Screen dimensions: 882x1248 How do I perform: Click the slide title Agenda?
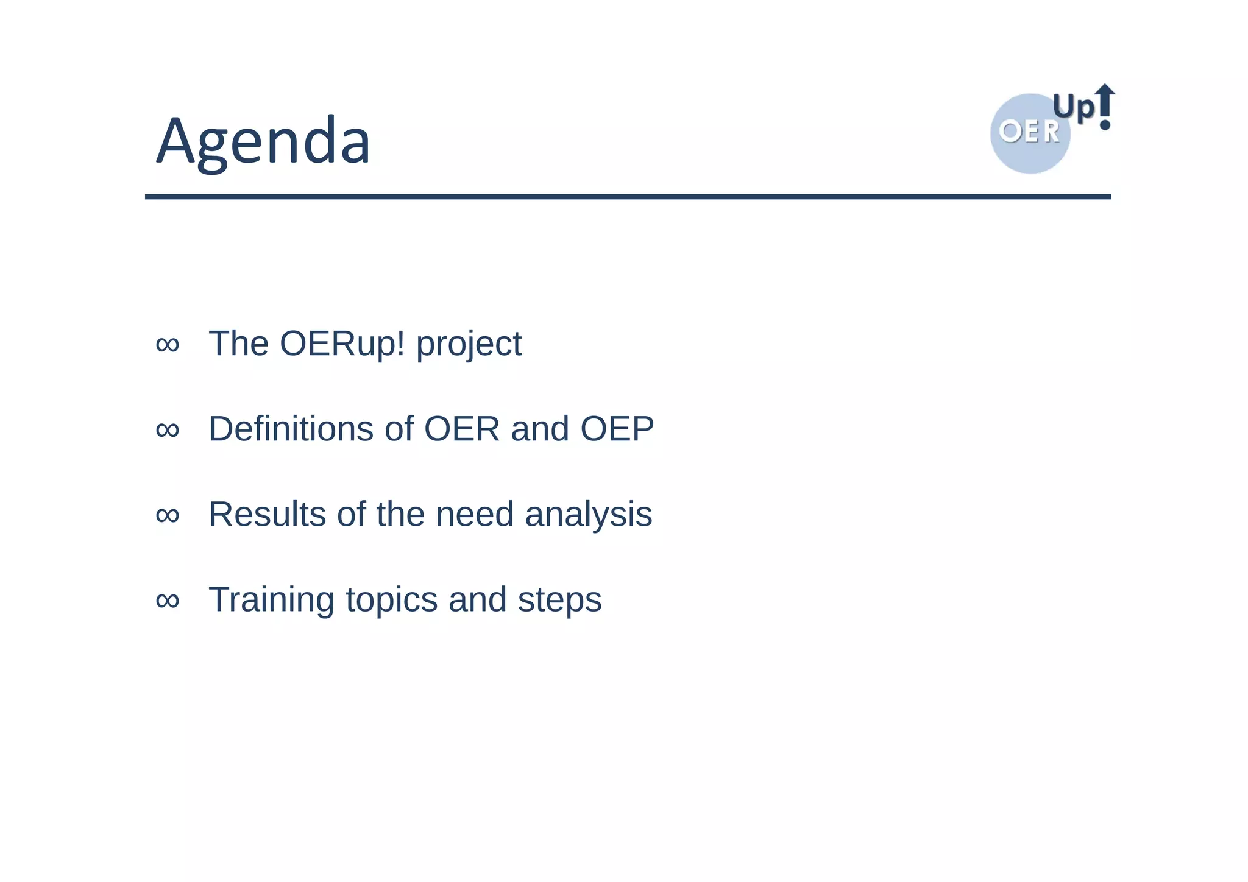[x=263, y=141]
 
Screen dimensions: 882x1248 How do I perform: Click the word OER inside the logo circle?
[x=1029, y=132]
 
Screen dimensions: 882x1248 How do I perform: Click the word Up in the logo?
[x=1074, y=108]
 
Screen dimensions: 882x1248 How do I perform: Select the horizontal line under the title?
[x=628, y=197]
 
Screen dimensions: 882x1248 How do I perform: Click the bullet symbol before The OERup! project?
[x=168, y=345]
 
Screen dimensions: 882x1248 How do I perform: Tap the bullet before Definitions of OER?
[x=168, y=430]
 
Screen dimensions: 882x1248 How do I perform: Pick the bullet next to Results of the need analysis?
[x=168, y=515]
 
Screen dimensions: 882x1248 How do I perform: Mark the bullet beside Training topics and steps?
[x=168, y=601]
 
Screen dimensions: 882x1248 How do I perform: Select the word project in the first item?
[x=469, y=345]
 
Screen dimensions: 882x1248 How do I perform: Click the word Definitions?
[x=291, y=429]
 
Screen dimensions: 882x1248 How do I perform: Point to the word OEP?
[x=617, y=429]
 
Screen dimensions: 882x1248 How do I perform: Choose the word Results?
[x=267, y=514]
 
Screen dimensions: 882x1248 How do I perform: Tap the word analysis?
[x=588, y=515]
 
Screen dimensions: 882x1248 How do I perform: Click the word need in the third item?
[x=475, y=514]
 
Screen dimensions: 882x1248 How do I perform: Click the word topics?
[x=391, y=601]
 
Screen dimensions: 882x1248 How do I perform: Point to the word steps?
[x=559, y=601]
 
